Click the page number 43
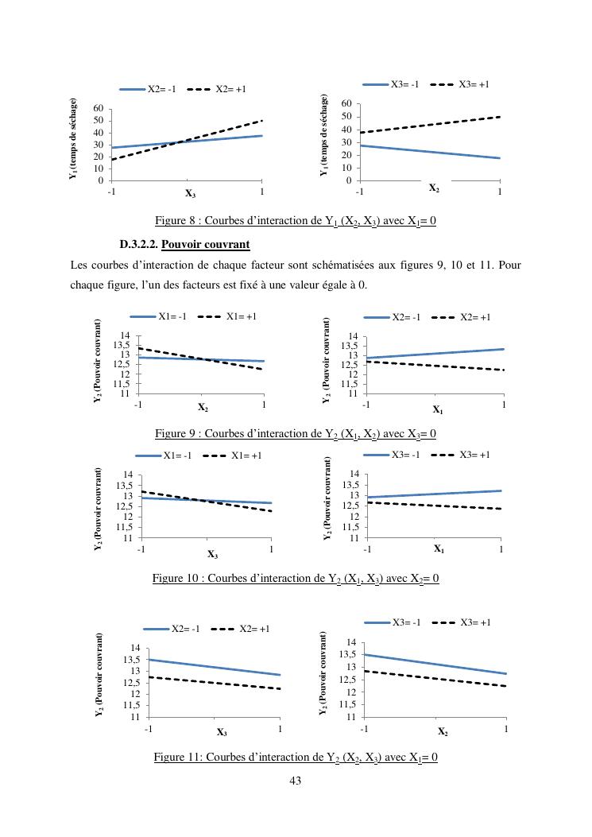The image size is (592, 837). [x=296, y=781]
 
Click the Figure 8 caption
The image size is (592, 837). [x=295, y=221]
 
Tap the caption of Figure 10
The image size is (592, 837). [x=296, y=578]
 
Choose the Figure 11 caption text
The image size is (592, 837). [x=296, y=758]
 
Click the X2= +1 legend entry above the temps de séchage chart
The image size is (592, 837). [x=230, y=89]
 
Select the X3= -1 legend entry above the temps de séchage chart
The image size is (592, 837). [x=404, y=84]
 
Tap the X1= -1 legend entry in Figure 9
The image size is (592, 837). [x=172, y=316]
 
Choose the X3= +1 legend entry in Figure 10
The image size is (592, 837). [x=474, y=455]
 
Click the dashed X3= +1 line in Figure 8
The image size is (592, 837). [x=429, y=125]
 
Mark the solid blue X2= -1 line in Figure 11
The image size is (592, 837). [x=215, y=667]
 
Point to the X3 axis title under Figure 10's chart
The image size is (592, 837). [x=212, y=554]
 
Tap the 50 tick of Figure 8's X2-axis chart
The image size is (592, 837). [x=346, y=117]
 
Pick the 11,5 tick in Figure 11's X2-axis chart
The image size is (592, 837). [x=346, y=704]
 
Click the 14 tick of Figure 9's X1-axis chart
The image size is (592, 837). [x=354, y=336]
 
